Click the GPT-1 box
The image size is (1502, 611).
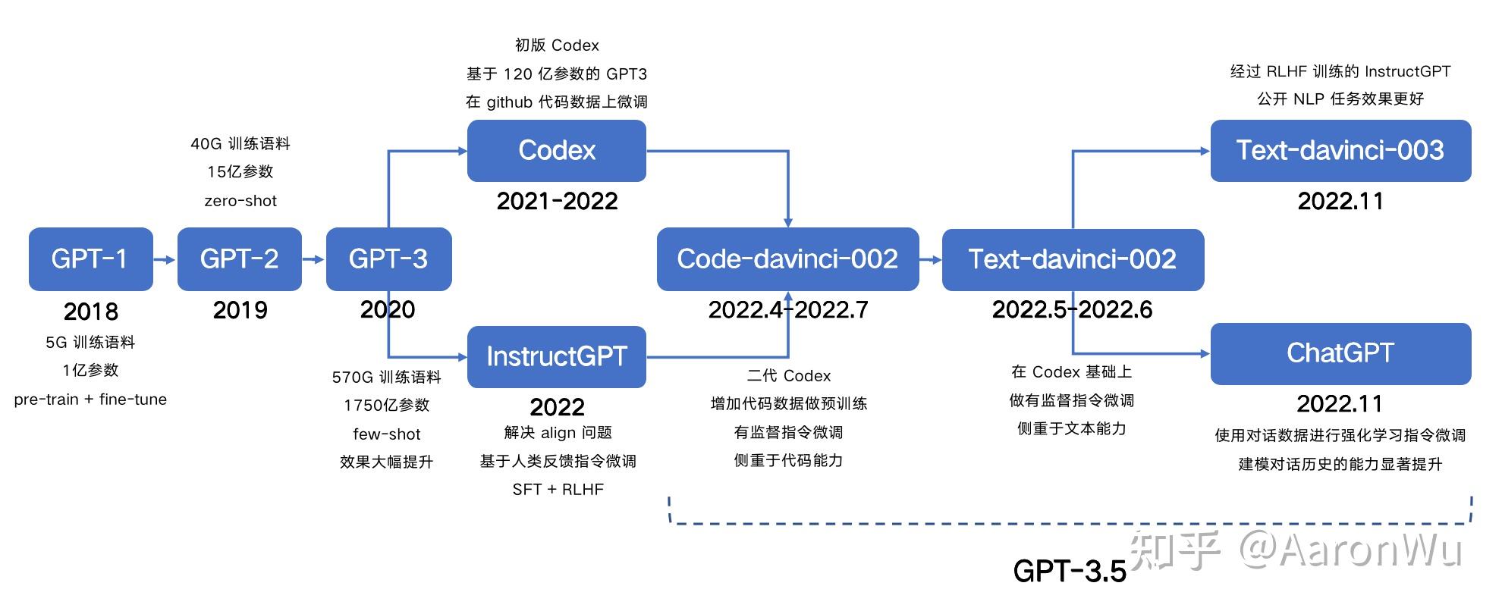tap(90, 259)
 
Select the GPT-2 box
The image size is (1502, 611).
tap(239, 259)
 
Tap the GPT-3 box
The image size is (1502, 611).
tap(388, 259)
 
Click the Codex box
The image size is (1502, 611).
tap(556, 150)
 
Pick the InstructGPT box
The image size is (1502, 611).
tap(556, 356)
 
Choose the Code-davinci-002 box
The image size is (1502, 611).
tap(787, 259)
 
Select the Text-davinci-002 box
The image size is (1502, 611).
tap(1072, 259)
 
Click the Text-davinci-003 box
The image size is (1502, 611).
tap(1340, 150)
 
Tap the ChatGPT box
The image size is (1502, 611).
tap(1340, 353)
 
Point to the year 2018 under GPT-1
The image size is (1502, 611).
tap(90, 311)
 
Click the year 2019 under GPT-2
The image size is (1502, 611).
tap(240, 310)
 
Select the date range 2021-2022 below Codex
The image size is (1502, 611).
tap(557, 201)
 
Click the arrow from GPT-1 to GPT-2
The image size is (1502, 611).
tap(165, 259)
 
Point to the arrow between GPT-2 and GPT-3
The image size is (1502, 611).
tap(313, 259)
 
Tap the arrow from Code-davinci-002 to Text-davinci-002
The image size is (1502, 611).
tap(930, 259)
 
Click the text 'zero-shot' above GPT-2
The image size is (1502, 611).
tap(240, 201)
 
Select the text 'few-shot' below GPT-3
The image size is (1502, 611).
tap(386, 434)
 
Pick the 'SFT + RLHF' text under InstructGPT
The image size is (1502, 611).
tap(558, 490)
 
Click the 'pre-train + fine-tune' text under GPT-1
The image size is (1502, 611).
tap(90, 399)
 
